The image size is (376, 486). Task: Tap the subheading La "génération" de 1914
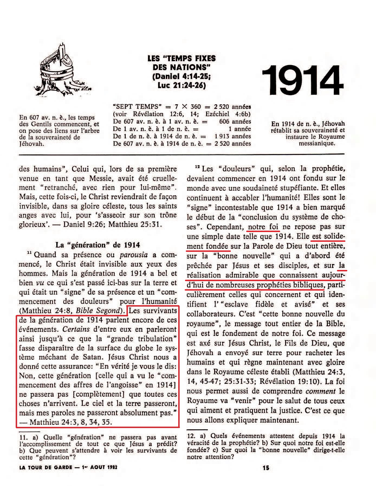(x=98, y=245)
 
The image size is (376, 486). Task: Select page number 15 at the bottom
(x=266, y=468)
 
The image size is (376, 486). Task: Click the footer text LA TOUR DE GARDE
(x=46, y=467)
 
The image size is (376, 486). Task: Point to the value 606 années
(x=235, y=122)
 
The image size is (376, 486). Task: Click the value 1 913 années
(x=233, y=136)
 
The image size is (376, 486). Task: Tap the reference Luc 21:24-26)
(x=181, y=85)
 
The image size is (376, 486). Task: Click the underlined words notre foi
(x=263, y=227)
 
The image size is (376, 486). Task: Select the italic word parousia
(x=134, y=255)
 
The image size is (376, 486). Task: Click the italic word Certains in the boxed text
(x=76, y=329)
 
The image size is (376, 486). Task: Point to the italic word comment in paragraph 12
(x=321, y=391)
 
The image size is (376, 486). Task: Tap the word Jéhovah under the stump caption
(x=32, y=144)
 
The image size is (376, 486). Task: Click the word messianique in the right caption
(x=317, y=143)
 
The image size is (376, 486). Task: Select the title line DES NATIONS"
(x=181, y=67)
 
